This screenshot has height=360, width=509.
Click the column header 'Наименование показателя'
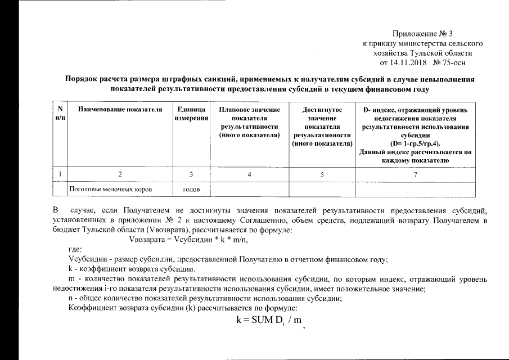pyautogui.click(x=116, y=109)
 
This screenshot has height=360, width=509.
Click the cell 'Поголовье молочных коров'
pyautogui.click(x=110, y=189)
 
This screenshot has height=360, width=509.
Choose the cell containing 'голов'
pyautogui.click(x=191, y=189)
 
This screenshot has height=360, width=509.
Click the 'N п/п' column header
pyautogui.click(x=60, y=113)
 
